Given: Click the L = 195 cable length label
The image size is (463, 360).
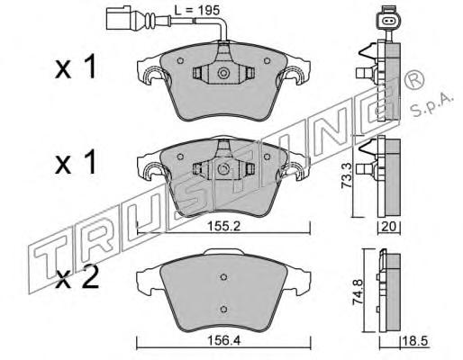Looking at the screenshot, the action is [197, 11].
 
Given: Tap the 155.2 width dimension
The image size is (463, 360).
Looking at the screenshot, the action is [224, 226].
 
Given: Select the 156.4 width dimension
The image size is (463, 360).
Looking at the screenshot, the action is [224, 340].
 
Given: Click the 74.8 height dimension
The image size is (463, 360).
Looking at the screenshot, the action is [359, 292].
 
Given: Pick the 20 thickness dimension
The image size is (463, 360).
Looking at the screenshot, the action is [389, 226].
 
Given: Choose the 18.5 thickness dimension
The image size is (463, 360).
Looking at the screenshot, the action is [416, 341].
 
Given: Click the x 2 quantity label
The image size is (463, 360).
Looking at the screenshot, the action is [77, 277].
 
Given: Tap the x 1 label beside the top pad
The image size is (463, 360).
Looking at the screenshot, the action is [76, 67].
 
